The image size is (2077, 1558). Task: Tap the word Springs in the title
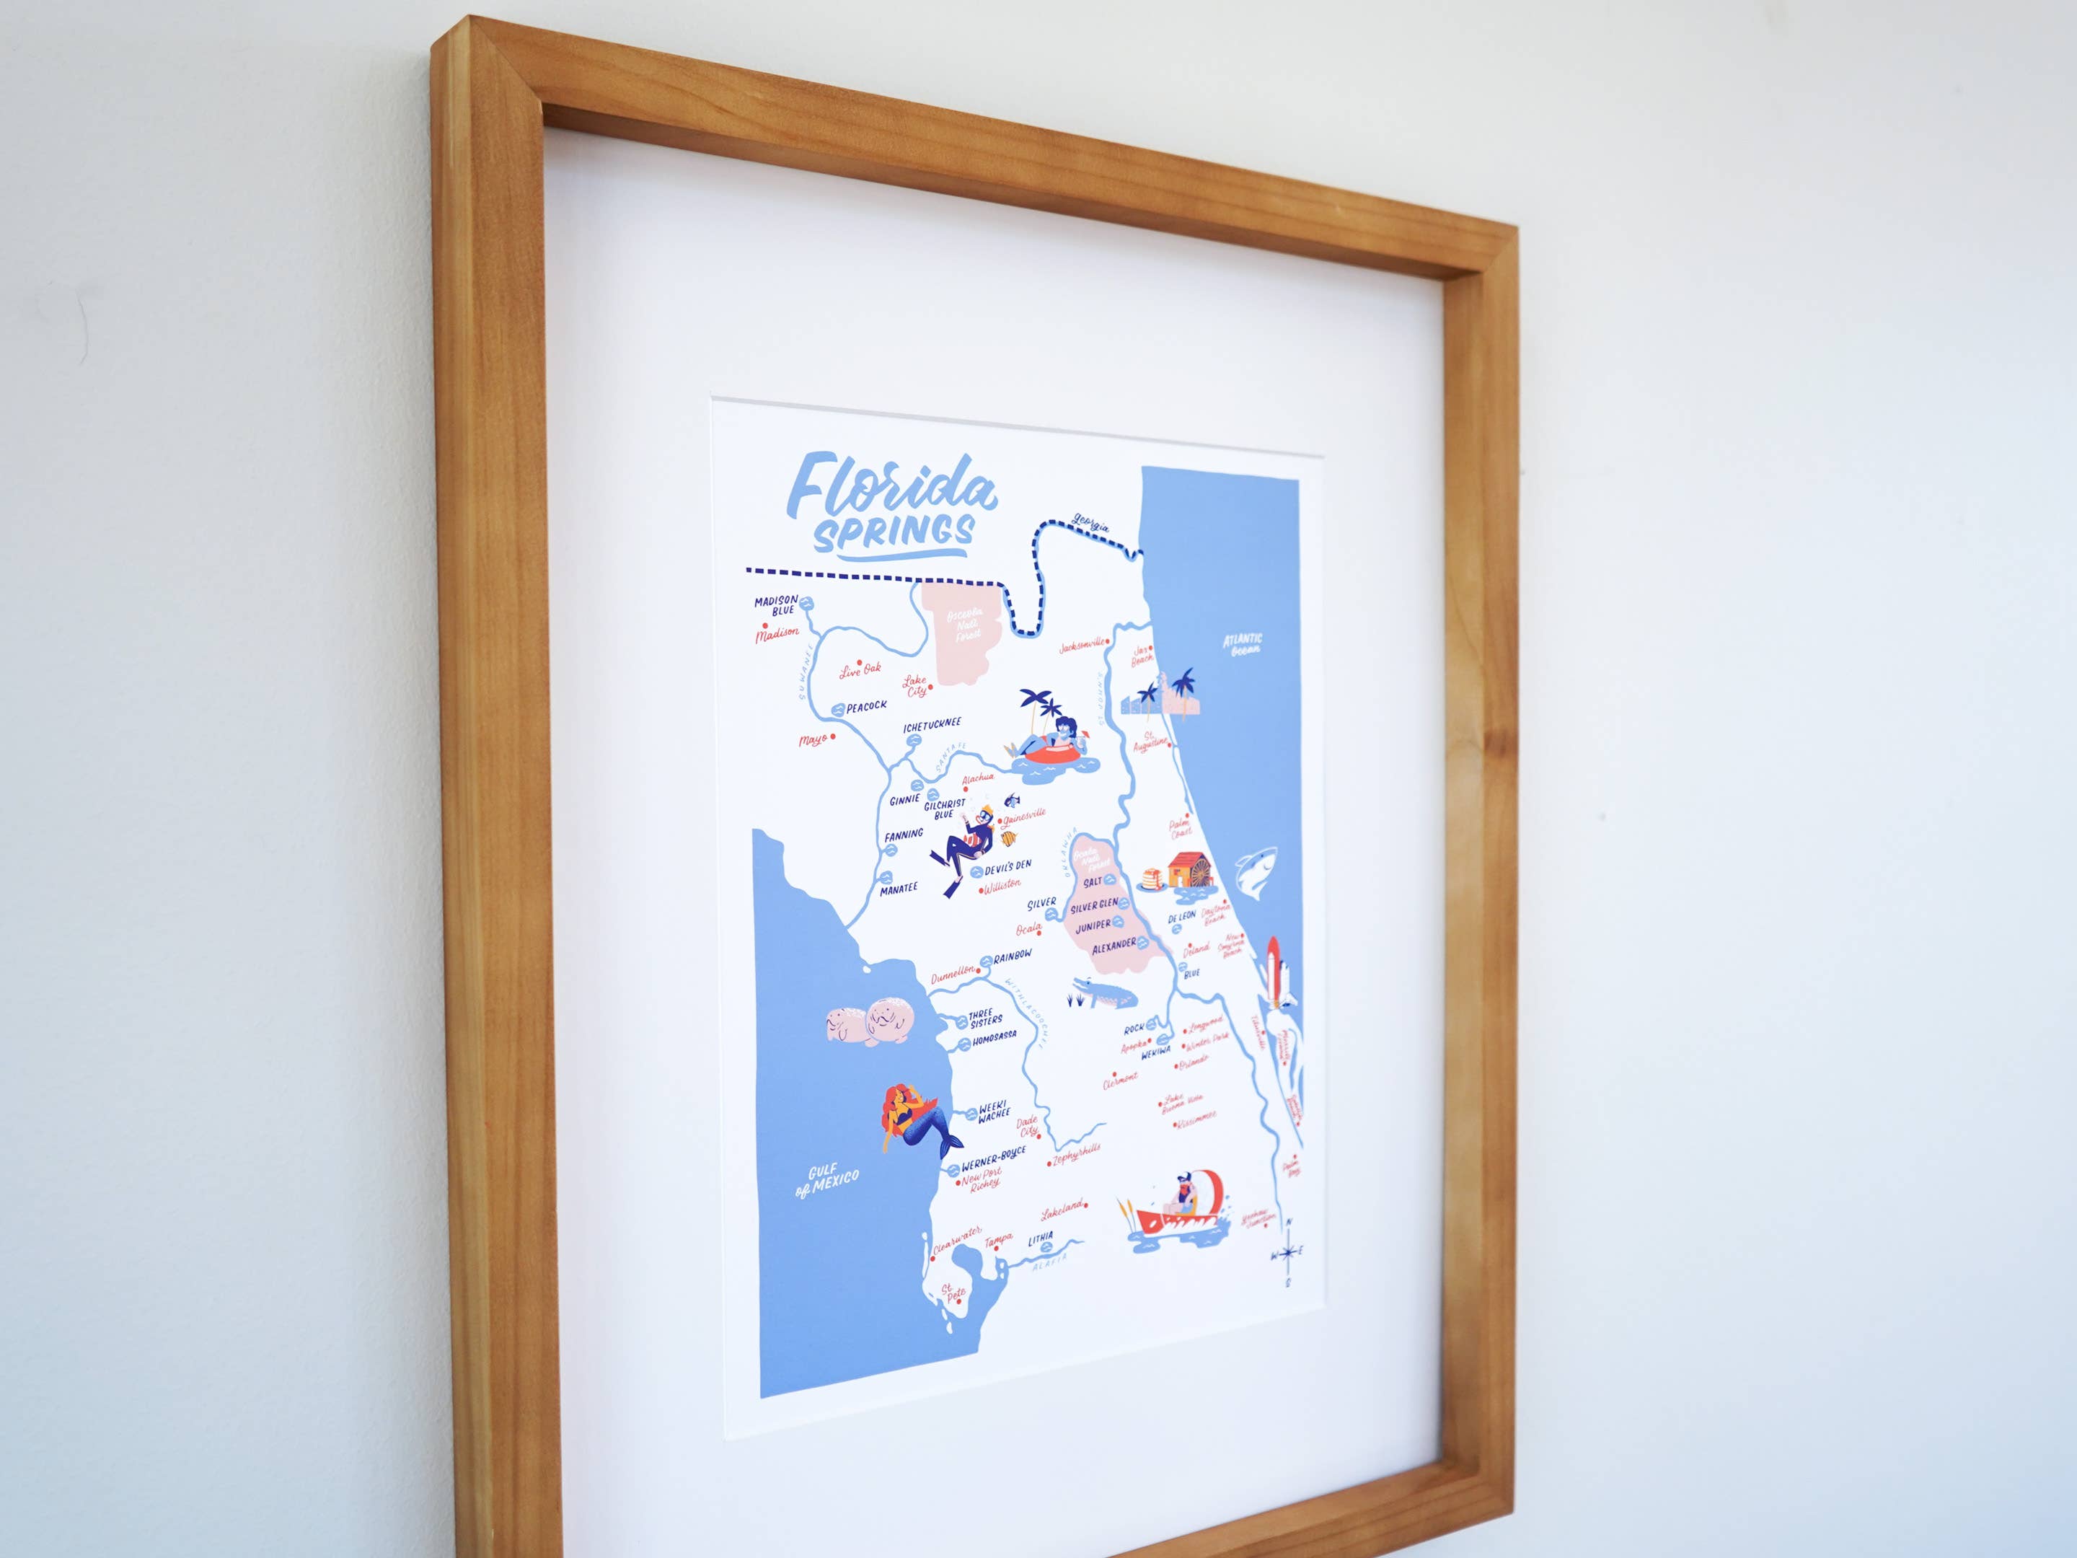click(x=894, y=534)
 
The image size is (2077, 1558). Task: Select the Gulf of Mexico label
click(x=826, y=1181)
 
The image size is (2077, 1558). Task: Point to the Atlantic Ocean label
click(x=1243, y=644)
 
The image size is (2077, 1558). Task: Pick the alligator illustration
click(x=1103, y=992)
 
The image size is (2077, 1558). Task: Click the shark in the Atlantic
click(x=1256, y=873)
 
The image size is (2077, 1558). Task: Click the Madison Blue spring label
click(x=777, y=604)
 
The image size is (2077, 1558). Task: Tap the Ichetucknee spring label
click(x=932, y=725)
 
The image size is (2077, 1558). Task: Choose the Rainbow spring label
click(x=1013, y=956)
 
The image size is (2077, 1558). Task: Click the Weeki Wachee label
click(x=994, y=1112)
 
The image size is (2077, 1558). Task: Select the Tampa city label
click(x=997, y=1241)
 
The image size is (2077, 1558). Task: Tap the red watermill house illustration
click(x=1189, y=871)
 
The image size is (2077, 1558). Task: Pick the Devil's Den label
click(x=1007, y=867)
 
